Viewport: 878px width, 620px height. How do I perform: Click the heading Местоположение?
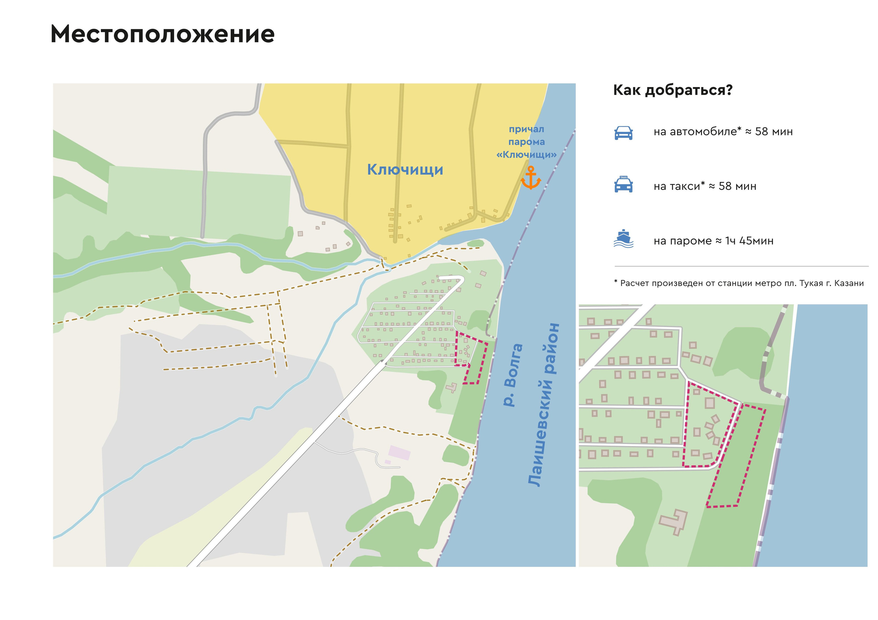163,34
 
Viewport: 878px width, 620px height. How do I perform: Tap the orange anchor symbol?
531,178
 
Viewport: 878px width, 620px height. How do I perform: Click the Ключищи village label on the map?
405,170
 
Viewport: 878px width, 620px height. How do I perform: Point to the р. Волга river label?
512,375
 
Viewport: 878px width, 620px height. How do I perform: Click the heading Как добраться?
673,90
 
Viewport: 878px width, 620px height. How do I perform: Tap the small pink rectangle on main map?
399,453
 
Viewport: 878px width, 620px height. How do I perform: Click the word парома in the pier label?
526,142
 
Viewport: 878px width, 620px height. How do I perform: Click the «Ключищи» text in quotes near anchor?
526,155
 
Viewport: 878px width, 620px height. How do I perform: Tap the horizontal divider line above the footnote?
742,266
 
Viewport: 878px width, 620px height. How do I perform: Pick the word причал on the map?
526,129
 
